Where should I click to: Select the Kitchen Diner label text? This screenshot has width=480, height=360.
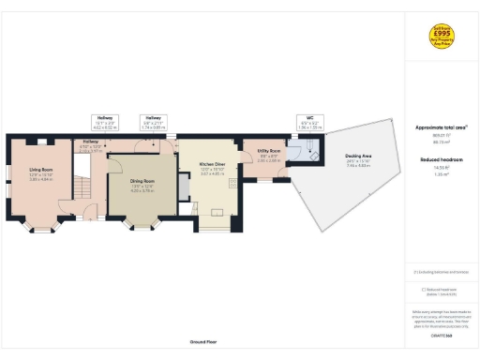(213, 167)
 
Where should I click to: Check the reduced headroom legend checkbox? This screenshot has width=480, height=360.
(423, 289)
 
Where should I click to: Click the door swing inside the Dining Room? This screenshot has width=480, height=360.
(120, 161)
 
